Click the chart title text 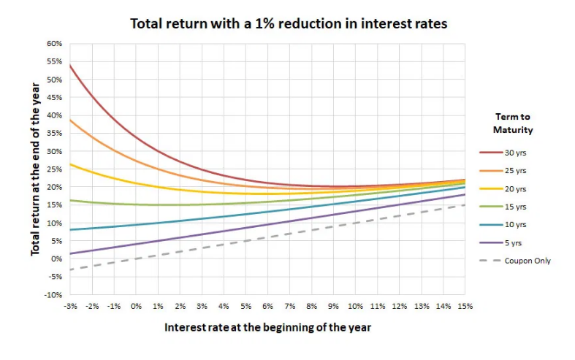pyautogui.click(x=288, y=23)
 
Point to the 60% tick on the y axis pyautogui.click(x=53, y=44)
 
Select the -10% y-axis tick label pyautogui.click(x=52, y=295)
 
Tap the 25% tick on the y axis pyautogui.click(x=53, y=169)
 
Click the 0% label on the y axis pyautogui.click(x=56, y=259)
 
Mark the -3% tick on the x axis pyautogui.click(x=71, y=306)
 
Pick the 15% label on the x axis pyautogui.click(x=465, y=306)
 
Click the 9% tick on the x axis pyautogui.click(x=333, y=306)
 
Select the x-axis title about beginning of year pyautogui.click(x=267, y=327)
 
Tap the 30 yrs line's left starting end pyautogui.click(x=70, y=65)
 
